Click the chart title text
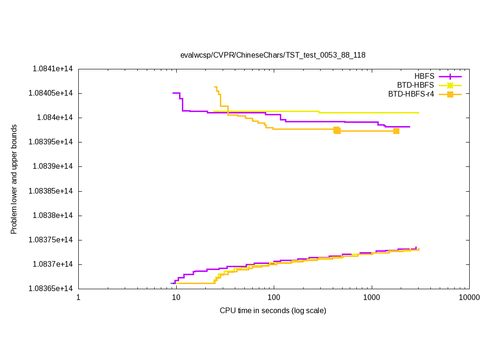coord(273,55)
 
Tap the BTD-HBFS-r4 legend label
coord(411,94)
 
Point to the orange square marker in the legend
coord(450,94)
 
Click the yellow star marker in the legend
coord(450,85)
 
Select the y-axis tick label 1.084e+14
coord(54,118)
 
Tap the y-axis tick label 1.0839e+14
coord(52,166)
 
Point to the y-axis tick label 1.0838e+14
coord(52,216)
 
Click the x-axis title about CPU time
coord(273,310)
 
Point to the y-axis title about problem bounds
coord(14,179)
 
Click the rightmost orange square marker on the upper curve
coord(396,131)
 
